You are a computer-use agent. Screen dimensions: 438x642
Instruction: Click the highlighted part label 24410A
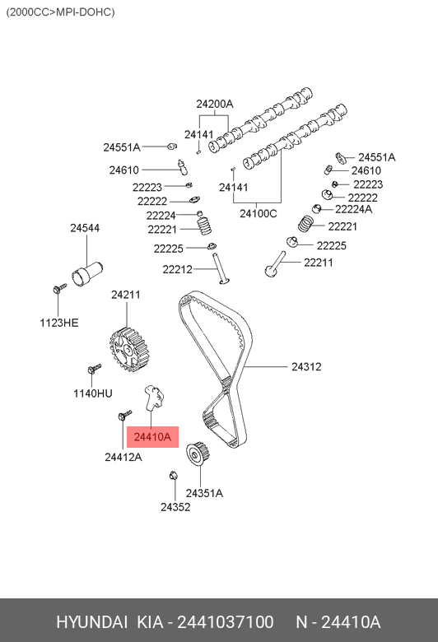point(152,437)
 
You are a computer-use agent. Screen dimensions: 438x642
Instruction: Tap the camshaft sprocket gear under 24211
point(128,351)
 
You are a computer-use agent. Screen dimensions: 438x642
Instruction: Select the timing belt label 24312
point(306,366)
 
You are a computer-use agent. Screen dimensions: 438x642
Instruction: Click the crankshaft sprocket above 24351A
point(198,454)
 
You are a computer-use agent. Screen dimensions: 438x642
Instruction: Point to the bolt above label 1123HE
point(59,288)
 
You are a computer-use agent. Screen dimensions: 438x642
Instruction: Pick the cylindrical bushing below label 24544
point(87,274)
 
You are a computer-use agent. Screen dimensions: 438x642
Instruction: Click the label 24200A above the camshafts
point(214,104)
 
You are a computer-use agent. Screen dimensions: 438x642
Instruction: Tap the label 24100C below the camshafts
point(259,213)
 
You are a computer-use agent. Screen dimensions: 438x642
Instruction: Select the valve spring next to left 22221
point(204,226)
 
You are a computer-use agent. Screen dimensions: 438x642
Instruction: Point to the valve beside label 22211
point(275,263)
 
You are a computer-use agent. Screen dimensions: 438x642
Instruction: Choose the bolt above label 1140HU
point(94,368)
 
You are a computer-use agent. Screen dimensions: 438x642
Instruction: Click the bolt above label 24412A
point(124,415)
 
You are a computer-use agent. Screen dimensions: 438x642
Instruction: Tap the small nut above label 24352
point(174,476)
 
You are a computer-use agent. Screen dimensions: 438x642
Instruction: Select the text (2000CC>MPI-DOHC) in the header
point(60,12)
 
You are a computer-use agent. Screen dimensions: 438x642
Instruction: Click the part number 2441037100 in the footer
point(225,622)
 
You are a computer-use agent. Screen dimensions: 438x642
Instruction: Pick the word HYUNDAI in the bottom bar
point(91,622)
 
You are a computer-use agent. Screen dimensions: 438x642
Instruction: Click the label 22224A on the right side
point(353,209)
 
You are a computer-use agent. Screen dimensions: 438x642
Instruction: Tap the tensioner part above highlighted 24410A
point(154,398)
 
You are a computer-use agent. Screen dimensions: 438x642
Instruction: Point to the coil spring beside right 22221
point(305,223)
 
